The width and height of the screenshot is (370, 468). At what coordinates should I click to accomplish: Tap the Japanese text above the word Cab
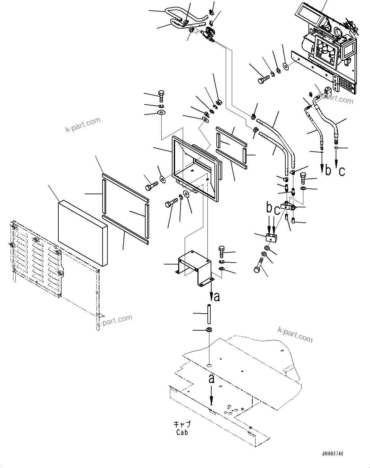(x=182, y=424)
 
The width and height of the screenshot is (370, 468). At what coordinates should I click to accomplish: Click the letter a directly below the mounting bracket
(x=217, y=297)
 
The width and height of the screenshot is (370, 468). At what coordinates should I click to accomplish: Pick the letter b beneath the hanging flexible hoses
(x=328, y=170)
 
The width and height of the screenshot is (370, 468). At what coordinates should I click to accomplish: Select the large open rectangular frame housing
(x=196, y=167)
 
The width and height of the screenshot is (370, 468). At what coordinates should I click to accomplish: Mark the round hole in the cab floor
(x=209, y=366)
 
